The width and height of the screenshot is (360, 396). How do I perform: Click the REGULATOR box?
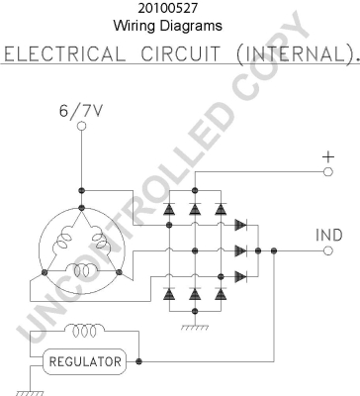coord(85,361)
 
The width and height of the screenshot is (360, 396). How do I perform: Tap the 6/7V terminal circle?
coord(81,126)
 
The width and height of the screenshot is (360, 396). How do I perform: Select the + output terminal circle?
coord(328,171)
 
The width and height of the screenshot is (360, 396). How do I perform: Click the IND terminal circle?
coord(328,250)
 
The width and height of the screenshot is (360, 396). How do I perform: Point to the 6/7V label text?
coord(81,111)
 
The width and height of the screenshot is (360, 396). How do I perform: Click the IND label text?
coord(329,235)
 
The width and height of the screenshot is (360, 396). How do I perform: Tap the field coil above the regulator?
coord(84,331)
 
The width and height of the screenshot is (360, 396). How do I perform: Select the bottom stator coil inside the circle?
coord(81,270)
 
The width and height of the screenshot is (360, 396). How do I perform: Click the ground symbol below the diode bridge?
coord(195,328)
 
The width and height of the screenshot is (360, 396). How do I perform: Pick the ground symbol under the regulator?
coord(30,393)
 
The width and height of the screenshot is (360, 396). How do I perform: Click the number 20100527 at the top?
coord(168,8)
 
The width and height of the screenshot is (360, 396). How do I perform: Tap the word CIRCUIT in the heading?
coord(180,53)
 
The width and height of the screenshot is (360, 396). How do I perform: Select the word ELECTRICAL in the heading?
coord(63,54)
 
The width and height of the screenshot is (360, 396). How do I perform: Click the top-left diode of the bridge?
coord(169,209)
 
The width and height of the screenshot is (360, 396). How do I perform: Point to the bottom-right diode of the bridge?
coord(221,293)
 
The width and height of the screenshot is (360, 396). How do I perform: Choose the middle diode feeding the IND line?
coord(241,250)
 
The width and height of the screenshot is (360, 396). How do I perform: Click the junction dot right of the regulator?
coord(138,361)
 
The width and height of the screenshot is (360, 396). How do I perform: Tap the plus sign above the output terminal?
coord(328,156)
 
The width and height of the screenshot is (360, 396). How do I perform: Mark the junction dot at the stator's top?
coord(81,208)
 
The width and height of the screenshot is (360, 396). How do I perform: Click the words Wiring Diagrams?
coord(168,26)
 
